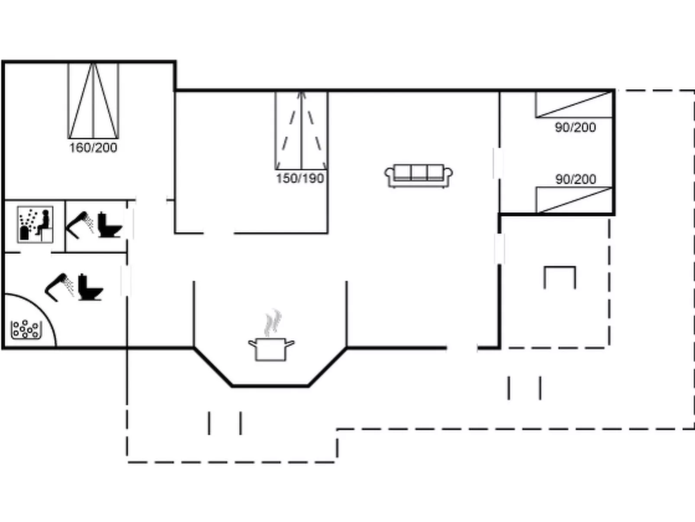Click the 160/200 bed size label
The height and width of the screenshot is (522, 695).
pyautogui.click(x=93, y=148)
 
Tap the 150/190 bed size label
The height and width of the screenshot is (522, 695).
pyautogui.click(x=300, y=178)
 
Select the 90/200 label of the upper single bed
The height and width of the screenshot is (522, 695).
pyautogui.click(x=575, y=127)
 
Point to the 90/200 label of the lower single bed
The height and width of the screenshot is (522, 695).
pyautogui.click(x=576, y=179)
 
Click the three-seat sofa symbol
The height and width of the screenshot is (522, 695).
pyautogui.click(x=418, y=176)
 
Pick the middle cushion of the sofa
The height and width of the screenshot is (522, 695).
pyautogui.click(x=419, y=172)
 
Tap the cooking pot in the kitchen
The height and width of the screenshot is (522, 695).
pyautogui.click(x=271, y=349)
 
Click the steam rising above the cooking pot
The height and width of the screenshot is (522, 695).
pyautogui.click(x=273, y=322)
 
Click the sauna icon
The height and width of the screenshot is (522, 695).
pyautogui.click(x=35, y=224)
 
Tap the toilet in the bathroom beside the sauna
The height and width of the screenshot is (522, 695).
pyautogui.click(x=109, y=224)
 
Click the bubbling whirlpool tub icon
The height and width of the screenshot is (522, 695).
pyautogui.click(x=26, y=330)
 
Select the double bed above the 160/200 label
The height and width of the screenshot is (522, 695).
pyautogui.click(x=93, y=101)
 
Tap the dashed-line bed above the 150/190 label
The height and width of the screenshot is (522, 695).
pyautogui.click(x=302, y=130)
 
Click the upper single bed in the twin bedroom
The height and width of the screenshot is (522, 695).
pyautogui.click(x=573, y=104)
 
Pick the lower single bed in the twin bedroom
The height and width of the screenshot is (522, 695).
pyautogui.click(x=574, y=200)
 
